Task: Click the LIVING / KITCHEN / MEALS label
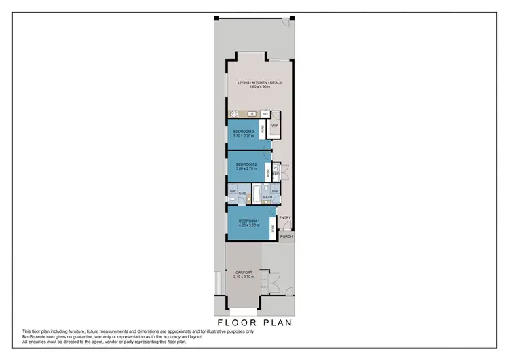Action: click(x=259, y=83)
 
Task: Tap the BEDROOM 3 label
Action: click(x=244, y=131)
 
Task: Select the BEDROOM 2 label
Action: click(x=246, y=164)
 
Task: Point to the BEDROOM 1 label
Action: click(x=248, y=221)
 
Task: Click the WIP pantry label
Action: click(x=275, y=126)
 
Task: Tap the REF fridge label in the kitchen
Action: click(x=266, y=113)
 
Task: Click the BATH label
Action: click(x=267, y=197)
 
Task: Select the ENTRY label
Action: click(x=285, y=217)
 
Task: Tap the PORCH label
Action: click(x=286, y=236)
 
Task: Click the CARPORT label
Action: click(x=242, y=273)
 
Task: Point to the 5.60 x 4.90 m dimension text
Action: click(x=259, y=87)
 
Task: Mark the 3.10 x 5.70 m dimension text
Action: click(x=242, y=277)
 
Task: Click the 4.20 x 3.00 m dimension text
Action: click(x=248, y=225)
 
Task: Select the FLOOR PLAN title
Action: click(x=254, y=323)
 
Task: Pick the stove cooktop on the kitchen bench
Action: click(x=235, y=114)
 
